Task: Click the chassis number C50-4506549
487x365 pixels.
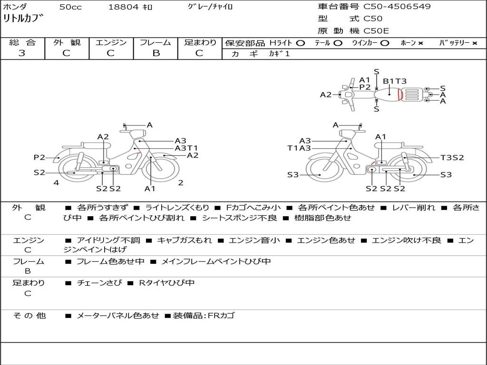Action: (x=397, y=7)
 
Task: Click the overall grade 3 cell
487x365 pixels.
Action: (x=22, y=53)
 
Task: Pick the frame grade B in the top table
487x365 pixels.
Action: (x=156, y=53)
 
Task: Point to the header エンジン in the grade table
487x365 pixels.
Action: (x=111, y=43)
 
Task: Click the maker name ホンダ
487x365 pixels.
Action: (x=15, y=7)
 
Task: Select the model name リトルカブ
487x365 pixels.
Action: (x=23, y=19)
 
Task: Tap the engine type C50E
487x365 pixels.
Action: (x=376, y=31)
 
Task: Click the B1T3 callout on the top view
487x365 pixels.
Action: (x=395, y=81)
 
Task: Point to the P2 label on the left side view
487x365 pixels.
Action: (x=39, y=157)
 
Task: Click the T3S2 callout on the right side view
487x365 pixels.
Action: (x=452, y=157)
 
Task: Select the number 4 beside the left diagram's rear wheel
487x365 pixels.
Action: (x=56, y=182)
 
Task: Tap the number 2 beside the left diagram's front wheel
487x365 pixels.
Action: (x=181, y=182)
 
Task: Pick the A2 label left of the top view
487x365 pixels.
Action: (x=325, y=95)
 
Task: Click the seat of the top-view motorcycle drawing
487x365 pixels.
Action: (x=390, y=93)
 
